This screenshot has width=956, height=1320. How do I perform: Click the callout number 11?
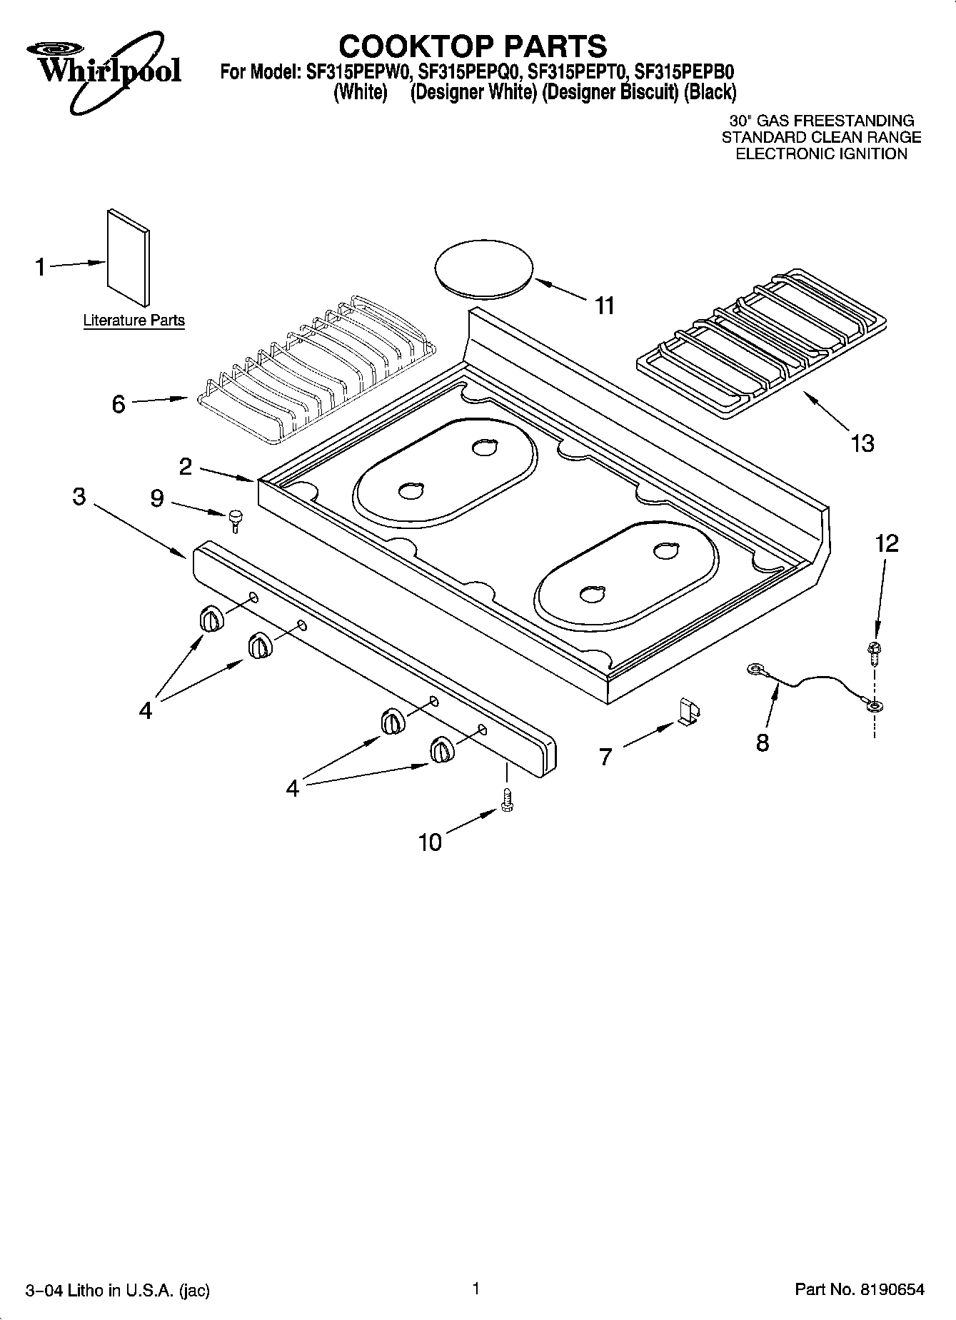pos(604,306)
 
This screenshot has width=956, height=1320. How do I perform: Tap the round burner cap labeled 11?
pos(484,269)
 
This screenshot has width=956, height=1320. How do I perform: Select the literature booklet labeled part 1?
pos(129,257)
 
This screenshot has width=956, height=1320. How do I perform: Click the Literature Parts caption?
pos(134,321)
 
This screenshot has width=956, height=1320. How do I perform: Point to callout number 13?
pos(862,443)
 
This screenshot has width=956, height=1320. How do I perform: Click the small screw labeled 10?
pos(508,799)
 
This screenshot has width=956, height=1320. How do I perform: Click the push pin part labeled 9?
pos(235,520)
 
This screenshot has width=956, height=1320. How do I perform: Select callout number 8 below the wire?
pos(763,743)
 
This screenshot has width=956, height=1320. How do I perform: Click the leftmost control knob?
pos(211,618)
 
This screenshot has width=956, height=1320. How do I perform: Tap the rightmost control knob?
pos(441,752)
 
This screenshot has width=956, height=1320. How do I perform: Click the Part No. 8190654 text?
pos(860,1289)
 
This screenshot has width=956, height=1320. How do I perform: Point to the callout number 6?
pos(119,404)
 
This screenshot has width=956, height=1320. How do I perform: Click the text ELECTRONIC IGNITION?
pos(821,153)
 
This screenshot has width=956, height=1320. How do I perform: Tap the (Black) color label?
pos(710,92)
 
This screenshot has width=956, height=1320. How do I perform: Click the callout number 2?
pos(186,467)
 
